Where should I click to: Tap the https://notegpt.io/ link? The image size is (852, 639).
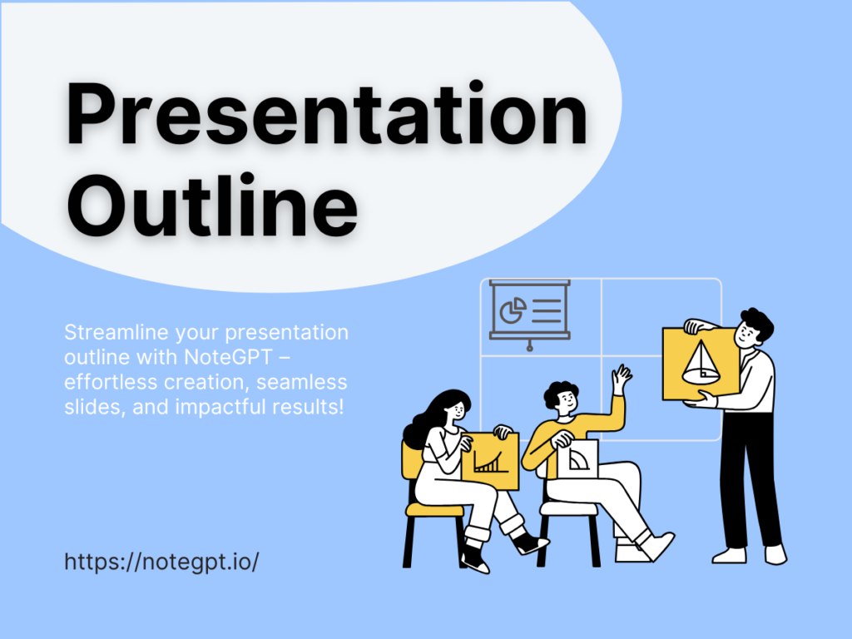click(x=161, y=561)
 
